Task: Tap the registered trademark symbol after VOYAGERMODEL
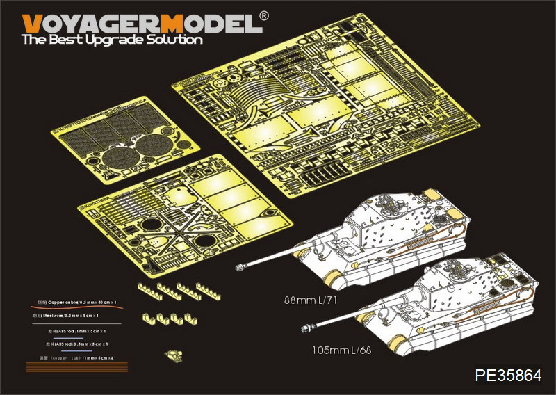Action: point(264,15)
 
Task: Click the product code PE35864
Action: point(508,376)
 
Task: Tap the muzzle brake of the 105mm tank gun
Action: point(307,325)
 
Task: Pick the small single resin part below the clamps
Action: point(174,355)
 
